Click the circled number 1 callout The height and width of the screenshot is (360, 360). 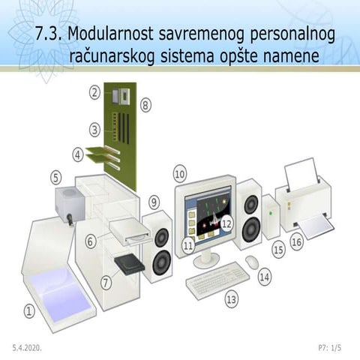pos(29,311)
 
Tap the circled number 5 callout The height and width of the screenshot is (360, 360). pos(56,178)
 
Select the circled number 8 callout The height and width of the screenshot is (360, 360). pos(145,105)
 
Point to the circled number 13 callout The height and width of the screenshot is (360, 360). pos(232,299)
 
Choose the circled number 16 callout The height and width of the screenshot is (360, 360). pos(297,242)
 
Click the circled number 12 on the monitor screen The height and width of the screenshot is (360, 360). pos(227,223)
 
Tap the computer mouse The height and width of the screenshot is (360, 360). pos(252,262)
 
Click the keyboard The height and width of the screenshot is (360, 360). pos(217,280)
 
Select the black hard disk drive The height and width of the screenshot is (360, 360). pos(129,265)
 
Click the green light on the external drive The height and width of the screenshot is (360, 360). pos(270,214)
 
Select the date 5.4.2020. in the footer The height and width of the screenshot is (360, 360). pos(27,348)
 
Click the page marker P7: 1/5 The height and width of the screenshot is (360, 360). pos(330,348)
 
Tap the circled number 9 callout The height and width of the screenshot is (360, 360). pos(154,202)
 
